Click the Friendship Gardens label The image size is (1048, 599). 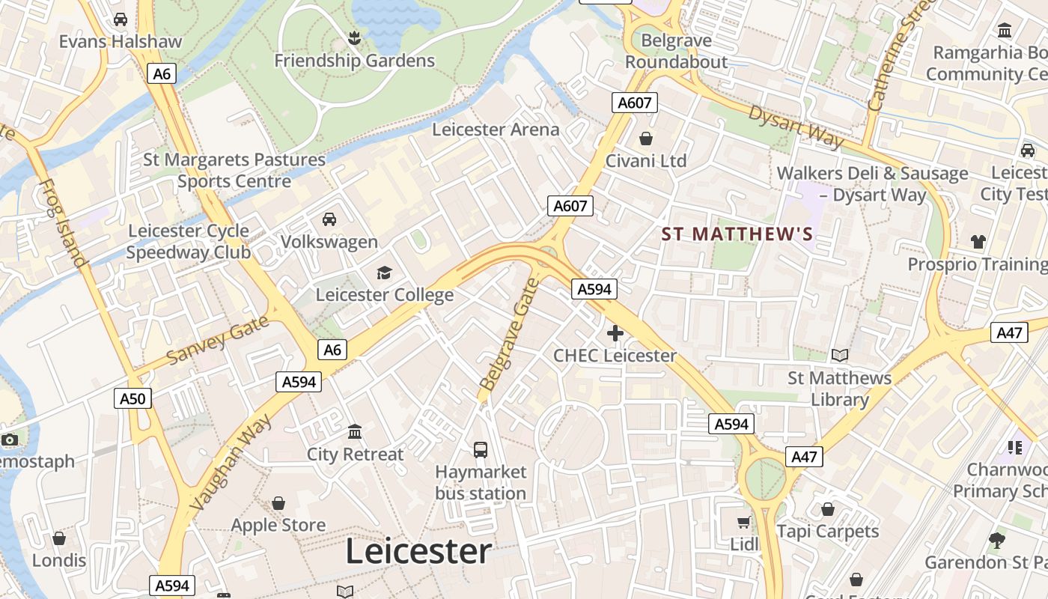[x=354, y=61]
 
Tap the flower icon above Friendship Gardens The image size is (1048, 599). [x=355, y=37]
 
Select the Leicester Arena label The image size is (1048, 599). [x=496, y=130]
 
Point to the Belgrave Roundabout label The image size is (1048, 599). [x=676, y=50]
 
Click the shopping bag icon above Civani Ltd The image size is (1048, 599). [x=646, y=139]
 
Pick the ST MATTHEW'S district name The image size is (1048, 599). [x=737, y=234]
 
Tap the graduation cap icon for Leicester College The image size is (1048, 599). [x=384, y=273]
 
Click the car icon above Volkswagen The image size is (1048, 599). [x=329, y=219]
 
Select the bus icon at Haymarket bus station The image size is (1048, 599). [x=481, y=449]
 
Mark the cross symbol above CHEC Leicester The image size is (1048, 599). [x=615, y=333]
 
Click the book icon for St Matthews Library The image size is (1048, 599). [x=840, y=355]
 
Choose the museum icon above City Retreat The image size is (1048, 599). [x=355, y=431]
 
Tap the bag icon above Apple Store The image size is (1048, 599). [x=278, y=502]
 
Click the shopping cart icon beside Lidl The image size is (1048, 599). [x=743, y=522]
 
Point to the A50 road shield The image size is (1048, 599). [x=133, y=398]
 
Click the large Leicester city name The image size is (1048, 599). [x=418, y=552]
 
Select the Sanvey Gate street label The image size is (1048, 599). [x=218, y=340]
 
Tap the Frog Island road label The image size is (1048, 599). [x=61, y=222]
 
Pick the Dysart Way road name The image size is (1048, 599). [x=796, y=127]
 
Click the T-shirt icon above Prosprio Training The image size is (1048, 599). [x=978, y=241]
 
